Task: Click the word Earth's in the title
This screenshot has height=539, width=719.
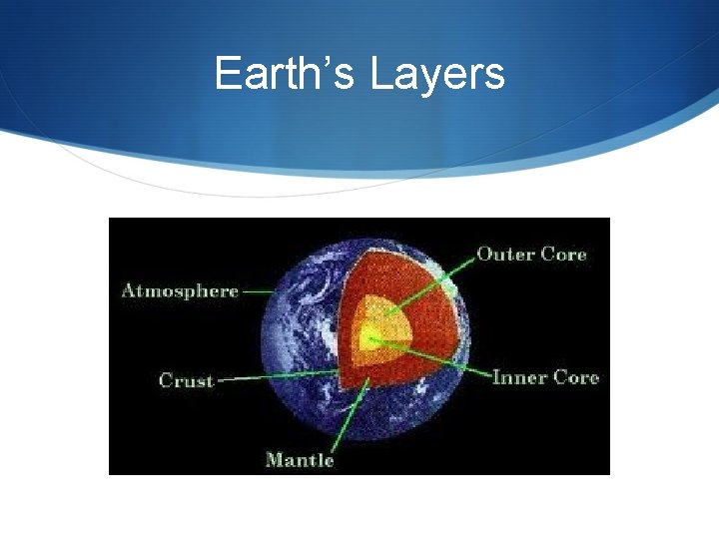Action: (x=286, y=75)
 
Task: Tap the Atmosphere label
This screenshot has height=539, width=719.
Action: (x=180, y=291)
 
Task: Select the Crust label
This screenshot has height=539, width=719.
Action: (x=187, y=380)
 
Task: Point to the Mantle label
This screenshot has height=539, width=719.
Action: (x=299, y=459)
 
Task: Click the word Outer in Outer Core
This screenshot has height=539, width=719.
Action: (x=505, y=254)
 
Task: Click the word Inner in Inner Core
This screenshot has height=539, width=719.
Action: (x=518, y=377)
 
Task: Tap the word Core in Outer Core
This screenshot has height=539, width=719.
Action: (x=563, y=254)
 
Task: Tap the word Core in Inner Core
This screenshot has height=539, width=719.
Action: (x=575, y=377)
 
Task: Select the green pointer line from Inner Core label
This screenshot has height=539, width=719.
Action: (x=439, y=359)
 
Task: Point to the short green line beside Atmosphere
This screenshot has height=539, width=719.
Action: (x=258, y=292)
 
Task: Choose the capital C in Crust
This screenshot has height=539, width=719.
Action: (x=167, y=380)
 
